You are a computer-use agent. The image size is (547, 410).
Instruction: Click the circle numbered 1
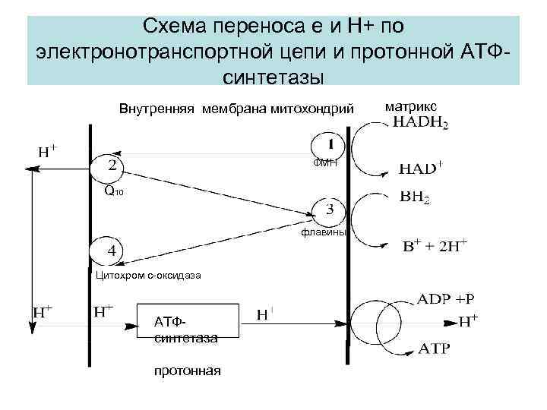[x=327, y=144]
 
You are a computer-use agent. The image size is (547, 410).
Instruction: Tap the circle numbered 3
[x=328, y=209]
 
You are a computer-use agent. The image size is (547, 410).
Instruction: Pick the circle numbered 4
[x=107, y=250]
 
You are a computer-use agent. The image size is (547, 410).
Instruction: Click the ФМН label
[x=327, y=163]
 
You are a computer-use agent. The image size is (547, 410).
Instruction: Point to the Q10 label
[x=112, y=192]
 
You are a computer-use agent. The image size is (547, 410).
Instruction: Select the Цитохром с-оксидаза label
[x=148, y=275]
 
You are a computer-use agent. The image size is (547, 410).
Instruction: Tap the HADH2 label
[x=420, y=125]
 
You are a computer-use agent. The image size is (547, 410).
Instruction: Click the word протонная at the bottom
[x=187, y=371]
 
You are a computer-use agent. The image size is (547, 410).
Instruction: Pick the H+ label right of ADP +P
[x=470, y=321]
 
